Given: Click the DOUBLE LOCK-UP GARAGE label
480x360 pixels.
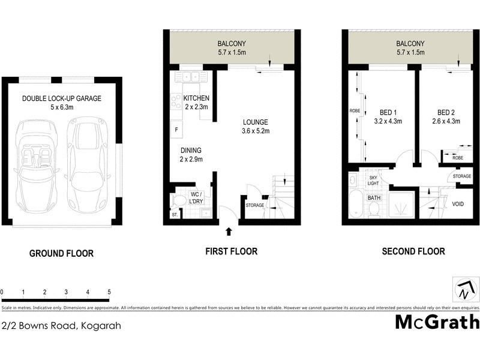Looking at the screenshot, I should [62, 98].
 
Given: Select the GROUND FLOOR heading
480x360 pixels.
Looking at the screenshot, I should [61, 253].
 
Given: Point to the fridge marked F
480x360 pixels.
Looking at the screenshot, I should [176, 129].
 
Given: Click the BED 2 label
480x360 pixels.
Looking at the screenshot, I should [445, 112].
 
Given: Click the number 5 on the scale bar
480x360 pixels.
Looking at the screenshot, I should [109, 292].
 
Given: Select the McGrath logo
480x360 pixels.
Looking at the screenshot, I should [437, 322].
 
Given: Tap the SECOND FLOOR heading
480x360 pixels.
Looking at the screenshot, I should [413, 251].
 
